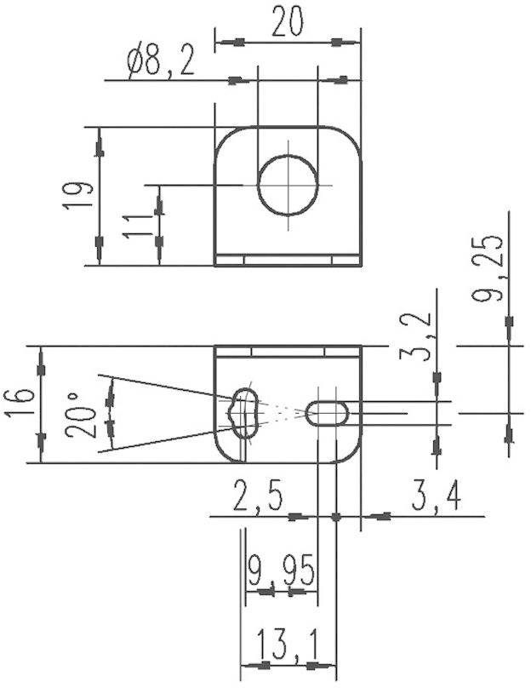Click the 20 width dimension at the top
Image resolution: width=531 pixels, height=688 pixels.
[288, 22]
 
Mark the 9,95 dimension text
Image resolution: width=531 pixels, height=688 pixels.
[281, 568]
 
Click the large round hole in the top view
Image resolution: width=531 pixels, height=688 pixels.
[288, 185]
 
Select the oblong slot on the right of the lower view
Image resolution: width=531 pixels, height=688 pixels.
[327, 413]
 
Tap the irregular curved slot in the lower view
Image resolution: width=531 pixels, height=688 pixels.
[244, 412]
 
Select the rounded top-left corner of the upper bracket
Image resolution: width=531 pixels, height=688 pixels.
[223, 136]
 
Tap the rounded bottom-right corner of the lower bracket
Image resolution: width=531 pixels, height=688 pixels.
[351, 454]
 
